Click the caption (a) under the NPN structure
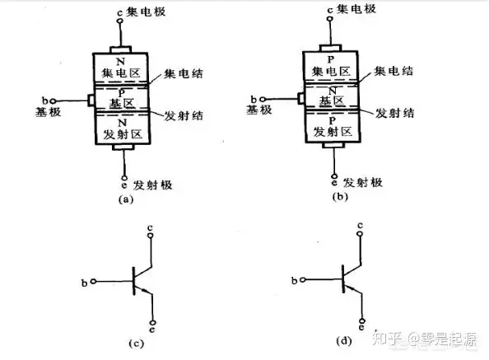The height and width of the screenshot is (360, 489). coord(126,199)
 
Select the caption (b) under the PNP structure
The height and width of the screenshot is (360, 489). coord(340,197)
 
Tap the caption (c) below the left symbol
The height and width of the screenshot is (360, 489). coord(137,344)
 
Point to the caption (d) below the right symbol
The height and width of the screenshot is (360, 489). coord(344,341)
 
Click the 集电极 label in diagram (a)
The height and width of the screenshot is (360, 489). coord(146,12)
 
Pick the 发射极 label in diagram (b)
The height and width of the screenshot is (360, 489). coord(363,183)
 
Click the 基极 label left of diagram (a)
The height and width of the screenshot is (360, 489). coord(48,112)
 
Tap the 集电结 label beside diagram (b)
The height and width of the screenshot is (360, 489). coord(394,71)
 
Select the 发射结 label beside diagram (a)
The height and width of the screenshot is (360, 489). coord(184,115)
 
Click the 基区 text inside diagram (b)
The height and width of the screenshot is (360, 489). coord(332,101)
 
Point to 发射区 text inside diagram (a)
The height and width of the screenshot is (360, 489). coord(123,134)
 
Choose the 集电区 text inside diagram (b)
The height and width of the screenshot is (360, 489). coord(331,72)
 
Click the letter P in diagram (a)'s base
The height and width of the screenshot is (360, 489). coord(122,92)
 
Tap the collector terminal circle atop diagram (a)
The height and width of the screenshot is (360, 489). coord(119,21)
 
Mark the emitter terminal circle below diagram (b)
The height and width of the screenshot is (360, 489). coord(334,176)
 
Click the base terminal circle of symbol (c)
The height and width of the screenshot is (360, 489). coord(93,282)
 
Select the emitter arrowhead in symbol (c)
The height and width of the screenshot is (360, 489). coord(145,291)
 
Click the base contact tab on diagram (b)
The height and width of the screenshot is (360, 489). coord(301,99)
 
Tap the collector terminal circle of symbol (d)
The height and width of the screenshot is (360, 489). coord(361,233)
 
